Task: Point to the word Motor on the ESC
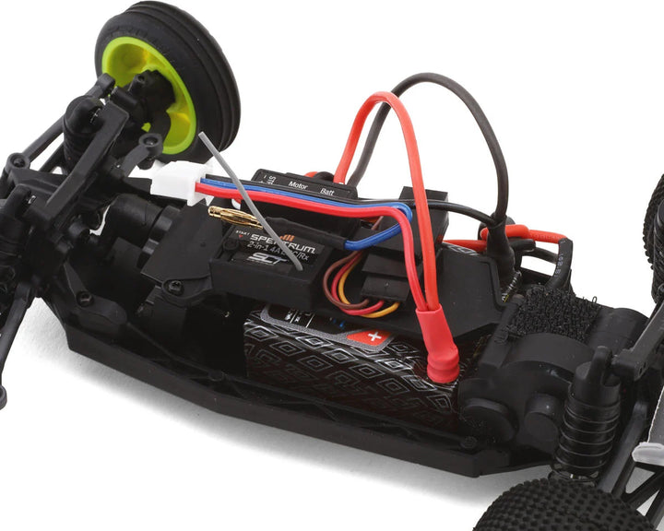click(x=297, y=184)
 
